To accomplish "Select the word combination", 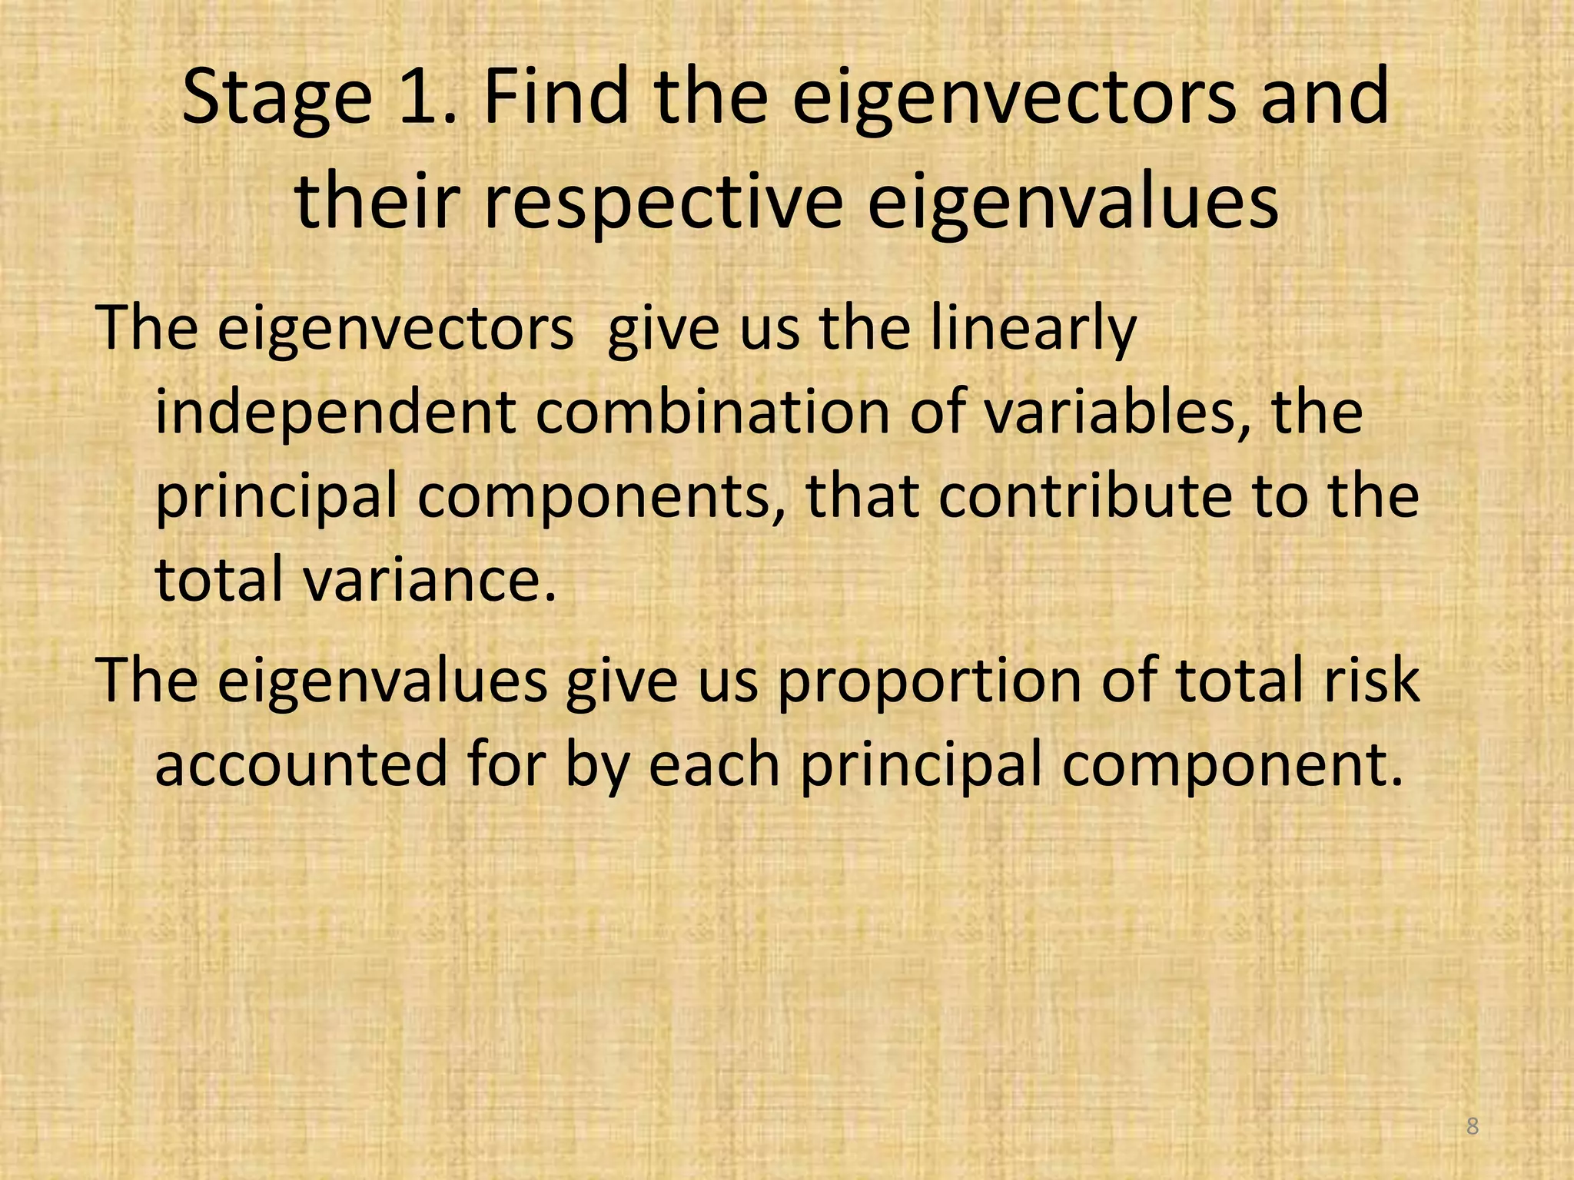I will tap(712, 412).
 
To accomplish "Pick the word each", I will tap(714, 764).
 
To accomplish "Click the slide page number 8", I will tap(1472, 1126).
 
